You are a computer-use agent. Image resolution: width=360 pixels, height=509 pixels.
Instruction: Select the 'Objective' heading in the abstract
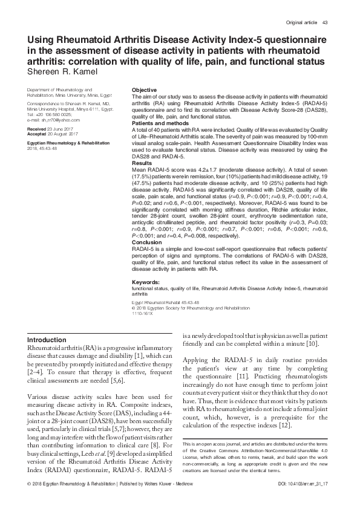click(145, 90)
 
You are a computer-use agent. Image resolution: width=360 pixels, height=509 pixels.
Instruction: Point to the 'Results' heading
click(142, 163)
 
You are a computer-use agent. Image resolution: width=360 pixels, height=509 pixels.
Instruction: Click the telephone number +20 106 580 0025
click(56, 114)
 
